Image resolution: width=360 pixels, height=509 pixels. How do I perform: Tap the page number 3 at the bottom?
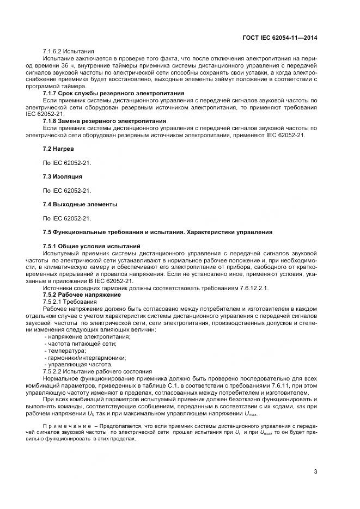point(315,471)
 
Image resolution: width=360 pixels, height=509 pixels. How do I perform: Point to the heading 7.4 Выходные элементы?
point(80,204)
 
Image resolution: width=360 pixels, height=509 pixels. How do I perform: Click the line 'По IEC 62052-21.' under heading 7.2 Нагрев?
point(66,162)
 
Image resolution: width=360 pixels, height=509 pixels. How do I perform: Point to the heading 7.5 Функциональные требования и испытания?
point(157,232)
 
